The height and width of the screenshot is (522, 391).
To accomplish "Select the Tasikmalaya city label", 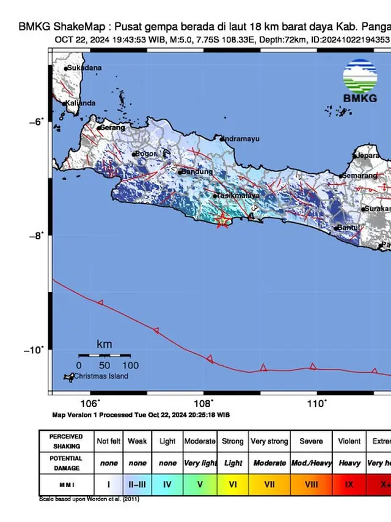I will coord(238,195).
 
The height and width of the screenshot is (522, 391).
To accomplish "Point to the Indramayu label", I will coord(241,139).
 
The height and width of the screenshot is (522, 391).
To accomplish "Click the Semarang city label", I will coord(360,176).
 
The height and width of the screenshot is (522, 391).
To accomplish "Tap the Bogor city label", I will coord(147,154).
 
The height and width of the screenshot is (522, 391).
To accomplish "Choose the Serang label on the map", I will coord(112,127).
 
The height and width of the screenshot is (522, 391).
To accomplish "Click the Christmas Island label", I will coord(101,376).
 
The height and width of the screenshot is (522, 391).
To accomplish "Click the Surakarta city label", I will coord(377,209).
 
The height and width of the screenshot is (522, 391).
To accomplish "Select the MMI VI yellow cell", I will coord(233,484).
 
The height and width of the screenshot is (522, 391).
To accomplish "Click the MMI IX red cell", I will coord(349,484).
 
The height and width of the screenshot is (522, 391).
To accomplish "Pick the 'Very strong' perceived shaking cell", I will coord(269,441).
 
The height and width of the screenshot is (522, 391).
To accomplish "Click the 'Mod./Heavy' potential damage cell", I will coord(311,463).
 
